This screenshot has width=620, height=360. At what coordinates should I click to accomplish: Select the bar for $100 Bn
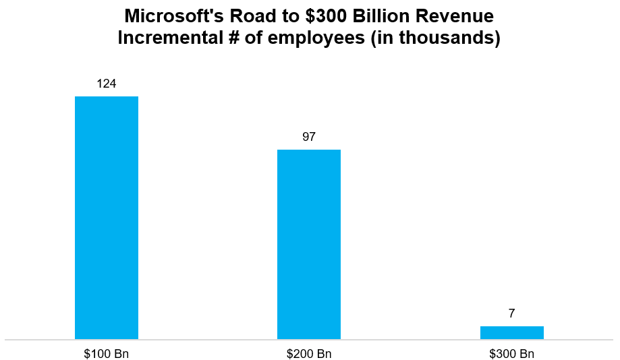pos(107,217)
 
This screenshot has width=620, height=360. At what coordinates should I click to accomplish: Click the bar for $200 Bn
pos(309,244)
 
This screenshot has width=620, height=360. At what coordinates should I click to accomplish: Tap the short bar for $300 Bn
pos(511,332)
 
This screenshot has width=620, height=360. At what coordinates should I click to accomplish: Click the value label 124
pos(107,84)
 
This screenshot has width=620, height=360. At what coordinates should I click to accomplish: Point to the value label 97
pos(309,137)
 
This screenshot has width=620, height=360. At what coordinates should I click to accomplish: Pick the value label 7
pos(511,313)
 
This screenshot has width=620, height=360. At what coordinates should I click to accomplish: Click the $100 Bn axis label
pos(107,353)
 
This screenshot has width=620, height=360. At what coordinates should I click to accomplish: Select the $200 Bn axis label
pos(309,353)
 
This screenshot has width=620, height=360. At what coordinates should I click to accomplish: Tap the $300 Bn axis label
pos(511,353)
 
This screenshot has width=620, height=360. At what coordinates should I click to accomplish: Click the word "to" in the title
pos(280,16)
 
